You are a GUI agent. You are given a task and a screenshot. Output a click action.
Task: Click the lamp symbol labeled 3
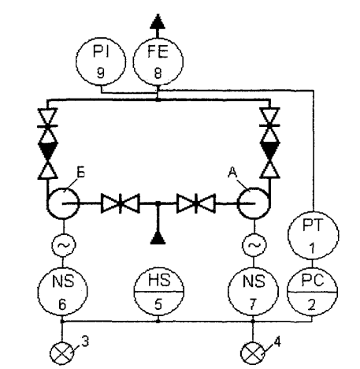click(x=62, y=353)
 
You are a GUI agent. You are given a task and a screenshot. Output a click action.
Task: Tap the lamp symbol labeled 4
click(x=253, y=353)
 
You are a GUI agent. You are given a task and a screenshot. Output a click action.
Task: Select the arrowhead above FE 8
click(x=158, y=21)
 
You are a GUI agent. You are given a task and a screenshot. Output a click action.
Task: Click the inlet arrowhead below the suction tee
click(x=158, y=238)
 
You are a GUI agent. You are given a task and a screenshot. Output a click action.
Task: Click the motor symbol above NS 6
click(x=63, y=245)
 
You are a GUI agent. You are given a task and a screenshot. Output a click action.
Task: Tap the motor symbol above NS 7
click(x=254, y=245)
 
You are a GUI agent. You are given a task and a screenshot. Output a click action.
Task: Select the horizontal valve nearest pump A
click(x=196, y=203)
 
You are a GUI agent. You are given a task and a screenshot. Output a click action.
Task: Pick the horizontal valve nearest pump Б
click(x=121, y=203)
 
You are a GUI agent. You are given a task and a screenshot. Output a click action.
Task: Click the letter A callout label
click(x=232, y=173)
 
